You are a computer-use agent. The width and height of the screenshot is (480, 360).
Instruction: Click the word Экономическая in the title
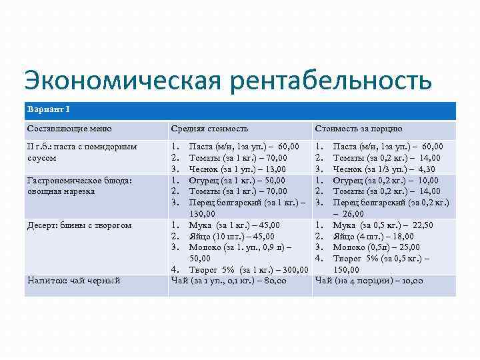tap(120, 81)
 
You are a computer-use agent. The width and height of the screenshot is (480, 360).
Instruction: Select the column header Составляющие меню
tap(69, 129)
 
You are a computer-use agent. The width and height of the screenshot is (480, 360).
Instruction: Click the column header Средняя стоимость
tap(209, 129)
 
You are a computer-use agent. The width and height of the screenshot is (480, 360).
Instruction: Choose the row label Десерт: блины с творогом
tap(79, 225)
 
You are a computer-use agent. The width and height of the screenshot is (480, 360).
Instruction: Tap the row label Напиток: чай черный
tap(73, 281)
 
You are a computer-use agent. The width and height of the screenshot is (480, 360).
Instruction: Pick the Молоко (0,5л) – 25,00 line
tap(381, 247)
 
